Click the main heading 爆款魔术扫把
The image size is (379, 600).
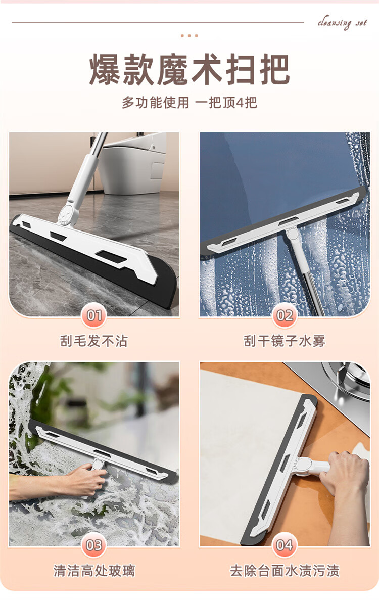[x=189, y=70]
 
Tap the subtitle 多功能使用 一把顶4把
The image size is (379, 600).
[x=189, y=103]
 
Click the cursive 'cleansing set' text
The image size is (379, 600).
[x=342, y=23]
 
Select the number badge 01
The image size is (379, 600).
[x=94, y=315]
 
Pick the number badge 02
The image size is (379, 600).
[x=285, y=315]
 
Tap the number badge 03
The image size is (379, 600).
[x=94, y=545]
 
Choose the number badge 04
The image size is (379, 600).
[x=285, y=545]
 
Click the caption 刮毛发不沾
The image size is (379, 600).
[x=94, y=341]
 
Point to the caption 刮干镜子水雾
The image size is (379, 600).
[x=285, y=341]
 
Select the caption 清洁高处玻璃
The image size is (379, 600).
[x=94, y=571]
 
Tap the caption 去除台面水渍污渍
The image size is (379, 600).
[x=285, y=571]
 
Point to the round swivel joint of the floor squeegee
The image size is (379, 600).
[x=69, y=213]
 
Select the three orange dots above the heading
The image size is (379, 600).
[x=189, y=35]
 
